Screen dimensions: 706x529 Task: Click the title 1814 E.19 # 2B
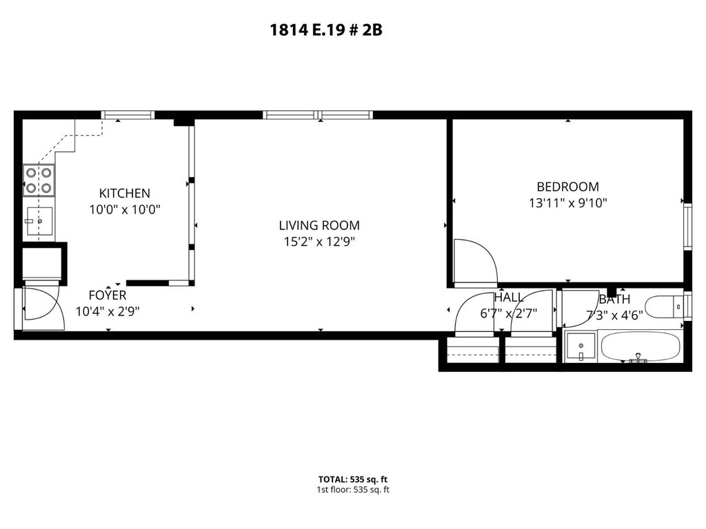coord(326,30)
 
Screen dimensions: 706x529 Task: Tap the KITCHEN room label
coord(124,194)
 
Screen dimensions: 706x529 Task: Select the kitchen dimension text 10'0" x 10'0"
coord(125,209)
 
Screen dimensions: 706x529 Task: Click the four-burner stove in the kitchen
coord(39,180)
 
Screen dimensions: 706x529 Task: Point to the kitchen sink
coord(39,220)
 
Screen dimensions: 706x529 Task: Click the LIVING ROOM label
coord(319,225)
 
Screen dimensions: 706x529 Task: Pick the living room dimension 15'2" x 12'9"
coord(319,242)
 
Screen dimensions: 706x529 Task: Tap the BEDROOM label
coord(568,187)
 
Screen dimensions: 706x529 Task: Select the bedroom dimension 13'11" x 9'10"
coord(568,203)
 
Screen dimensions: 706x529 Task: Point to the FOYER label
coord(108,295)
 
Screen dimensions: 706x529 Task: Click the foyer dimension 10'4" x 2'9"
coord(108,311)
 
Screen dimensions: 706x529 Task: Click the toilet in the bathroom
coord(665,307)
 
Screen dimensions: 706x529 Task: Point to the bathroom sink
coord(581,346)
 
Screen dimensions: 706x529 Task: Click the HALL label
coord(509,298)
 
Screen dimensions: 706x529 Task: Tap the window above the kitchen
coord(128,115)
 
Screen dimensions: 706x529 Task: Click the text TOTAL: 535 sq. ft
coord(353,479)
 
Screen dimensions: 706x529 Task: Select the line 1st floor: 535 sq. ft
coord(353,490)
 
